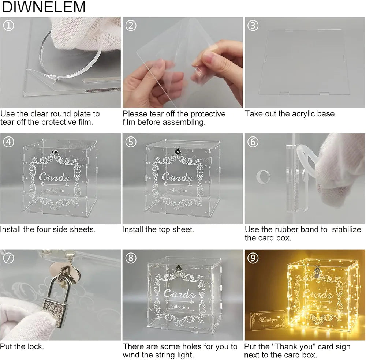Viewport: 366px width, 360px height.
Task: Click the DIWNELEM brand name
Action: pyautogui.click(x=44, y=7)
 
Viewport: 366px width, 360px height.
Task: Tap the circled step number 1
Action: pyautogui.click(x=9, y=26)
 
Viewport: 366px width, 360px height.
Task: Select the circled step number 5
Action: pyautogui.click(x=131, y=142)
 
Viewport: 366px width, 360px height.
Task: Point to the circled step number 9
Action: pyautogui.click(x=253, y=258)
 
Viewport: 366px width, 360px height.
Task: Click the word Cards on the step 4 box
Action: pyautogui.click(x=55, y=177)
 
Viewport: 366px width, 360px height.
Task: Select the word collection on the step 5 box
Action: pyautogui.click(x=178, y=190)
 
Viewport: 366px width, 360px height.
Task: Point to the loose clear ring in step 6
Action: pyautogui.click(x=263, y=177)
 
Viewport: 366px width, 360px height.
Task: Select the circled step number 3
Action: pyautogui.click(x=253, y=26)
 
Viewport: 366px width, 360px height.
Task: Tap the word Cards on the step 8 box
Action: pyautogui.click(x=179, y=293)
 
